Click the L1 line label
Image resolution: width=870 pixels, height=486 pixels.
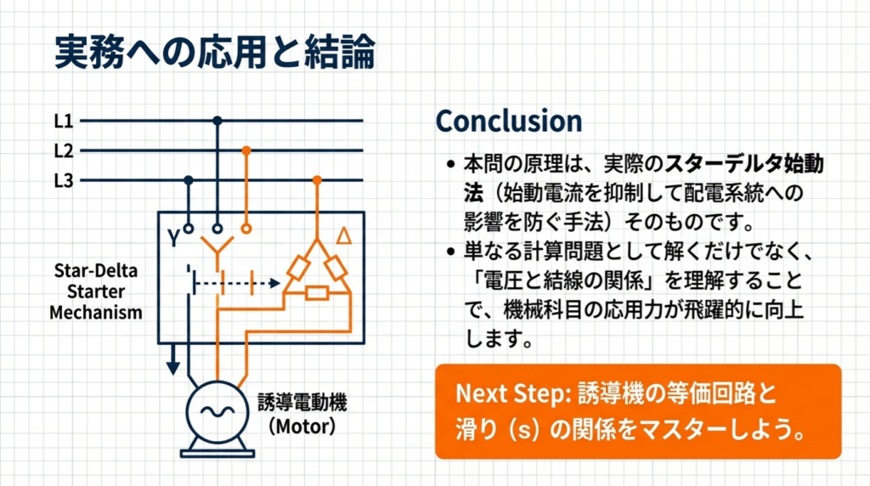(x=63, y=121)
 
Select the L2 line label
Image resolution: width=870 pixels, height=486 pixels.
(x=63, y=151)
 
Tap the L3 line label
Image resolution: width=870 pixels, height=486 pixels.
(x=63, y=181)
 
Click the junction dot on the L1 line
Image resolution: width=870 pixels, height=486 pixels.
(x=217, y=121)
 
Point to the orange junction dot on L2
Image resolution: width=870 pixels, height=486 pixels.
(x=246, y=150)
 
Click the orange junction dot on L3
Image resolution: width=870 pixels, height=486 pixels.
(x=317, y=180)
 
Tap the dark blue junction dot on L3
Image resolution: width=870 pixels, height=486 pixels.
(x=189, y=180)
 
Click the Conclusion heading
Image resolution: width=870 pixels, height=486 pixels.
(x=509, y=121)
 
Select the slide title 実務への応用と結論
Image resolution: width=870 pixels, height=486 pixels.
(x=215, y=52)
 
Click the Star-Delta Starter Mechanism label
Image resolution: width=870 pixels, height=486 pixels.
(x=96, y=291)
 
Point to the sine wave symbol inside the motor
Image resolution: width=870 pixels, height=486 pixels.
(x=217, y=411)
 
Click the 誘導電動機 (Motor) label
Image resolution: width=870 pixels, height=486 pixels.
(x=302, y=414)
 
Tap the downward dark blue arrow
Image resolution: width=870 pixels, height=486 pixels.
(x=173, y=359)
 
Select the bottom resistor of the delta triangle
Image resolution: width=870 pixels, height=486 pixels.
(x=317, y=292)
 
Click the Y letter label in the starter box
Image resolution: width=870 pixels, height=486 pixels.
(x=173, y=238)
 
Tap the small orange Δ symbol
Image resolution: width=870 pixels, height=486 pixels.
(x=344, y=236)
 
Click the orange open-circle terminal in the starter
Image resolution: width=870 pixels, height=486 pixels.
(x=246, y=228)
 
